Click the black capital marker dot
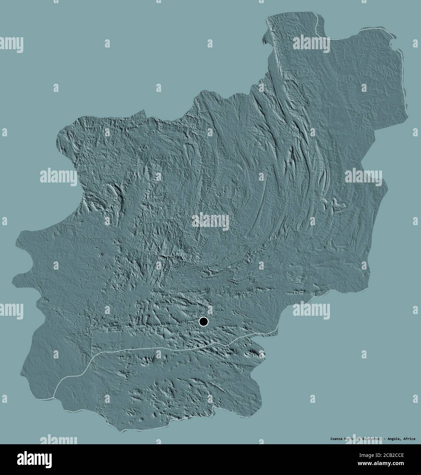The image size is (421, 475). (203, 322)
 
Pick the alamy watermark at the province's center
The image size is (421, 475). (210, 220)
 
